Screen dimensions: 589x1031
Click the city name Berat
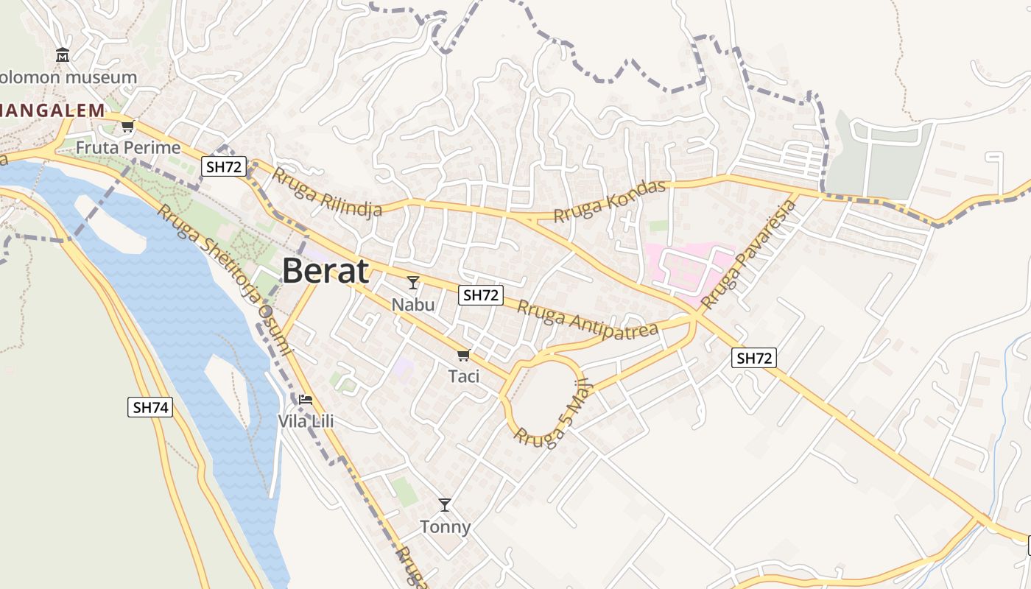click(x=325, y=271)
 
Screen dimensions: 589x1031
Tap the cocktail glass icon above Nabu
click(x=413, y=283)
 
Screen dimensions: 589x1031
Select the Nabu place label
click(x=412, y=304)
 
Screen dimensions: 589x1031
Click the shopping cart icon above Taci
click(x=463, y=356)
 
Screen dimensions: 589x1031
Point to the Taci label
click(x=464, y=376)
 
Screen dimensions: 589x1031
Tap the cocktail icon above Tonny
click(x=445, y=505)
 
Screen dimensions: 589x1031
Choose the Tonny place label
click(x=445, y=527)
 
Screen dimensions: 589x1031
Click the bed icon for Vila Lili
click(x=306, y=400)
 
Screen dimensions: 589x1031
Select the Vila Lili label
click(x=306, y=421)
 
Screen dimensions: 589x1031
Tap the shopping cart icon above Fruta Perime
click(x=128, y=127)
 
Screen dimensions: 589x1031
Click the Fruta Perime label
click(x=128, y=148)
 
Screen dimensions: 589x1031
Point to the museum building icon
click(x=63, y=54)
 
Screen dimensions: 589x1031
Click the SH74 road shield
click(x=150, y=407)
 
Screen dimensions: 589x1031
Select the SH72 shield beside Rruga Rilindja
click(x=224, y=167)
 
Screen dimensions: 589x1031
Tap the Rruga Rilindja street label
click(x=327, y=192)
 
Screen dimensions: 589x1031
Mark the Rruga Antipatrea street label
click(x=587, y=319)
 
